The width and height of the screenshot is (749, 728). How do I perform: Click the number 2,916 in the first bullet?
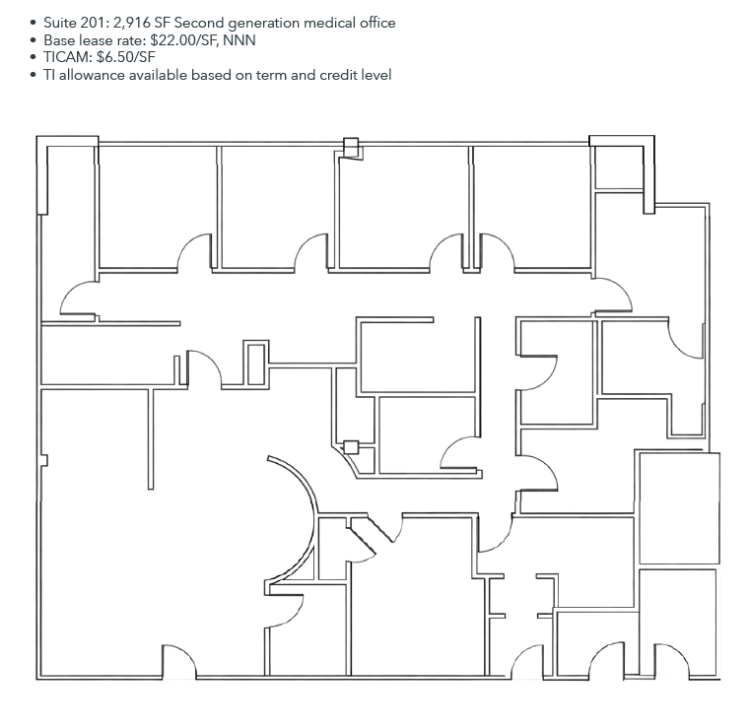(134, 23)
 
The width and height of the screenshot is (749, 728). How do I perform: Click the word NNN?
(240, 40)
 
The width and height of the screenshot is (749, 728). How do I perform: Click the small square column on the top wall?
(349, 148)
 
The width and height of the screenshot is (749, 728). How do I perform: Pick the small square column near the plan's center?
(350, 447)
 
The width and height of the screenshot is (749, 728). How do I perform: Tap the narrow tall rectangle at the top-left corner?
(41, 175)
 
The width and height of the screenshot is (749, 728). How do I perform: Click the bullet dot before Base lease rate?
(34, 40)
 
